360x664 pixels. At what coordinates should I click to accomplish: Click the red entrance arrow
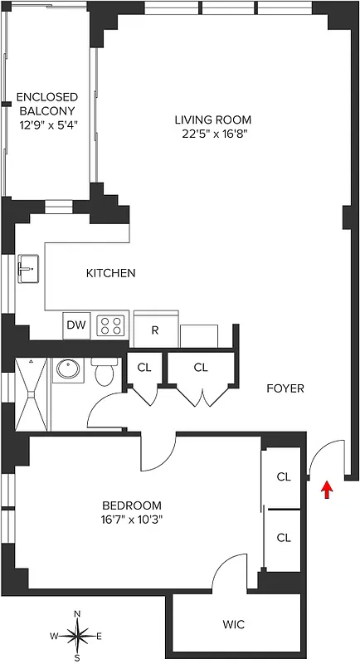click(x=327, y=489)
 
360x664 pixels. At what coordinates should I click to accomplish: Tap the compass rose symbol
click(x=77, y=637)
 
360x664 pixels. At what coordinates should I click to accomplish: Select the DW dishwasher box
click(x=76, y=326)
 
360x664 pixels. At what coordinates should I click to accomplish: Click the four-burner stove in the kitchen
click(x=112, y=325)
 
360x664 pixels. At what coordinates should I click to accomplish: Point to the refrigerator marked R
click(x=154, y=329)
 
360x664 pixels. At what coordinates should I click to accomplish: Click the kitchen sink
click(x=29, y=268)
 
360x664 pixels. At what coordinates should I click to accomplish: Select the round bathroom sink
click(x=66, y=369)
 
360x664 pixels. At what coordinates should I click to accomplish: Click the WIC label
click(x=233, y=623)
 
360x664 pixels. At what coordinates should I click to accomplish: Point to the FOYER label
click(x=285, y=388)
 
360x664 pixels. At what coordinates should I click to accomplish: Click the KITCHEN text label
click(x=110, y=273)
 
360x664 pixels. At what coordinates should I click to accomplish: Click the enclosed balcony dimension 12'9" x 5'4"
click(x=46, y=126)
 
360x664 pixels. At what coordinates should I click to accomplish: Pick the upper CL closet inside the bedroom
click(x=284, y=477)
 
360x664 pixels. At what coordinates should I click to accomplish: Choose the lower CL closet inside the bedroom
click(x=284, y=537)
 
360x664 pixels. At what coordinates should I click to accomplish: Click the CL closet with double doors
click(x=201, y=367)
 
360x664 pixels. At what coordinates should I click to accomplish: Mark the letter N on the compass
click(x=77, y=614)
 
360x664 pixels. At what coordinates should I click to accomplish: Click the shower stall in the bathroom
click(x=32, y=395)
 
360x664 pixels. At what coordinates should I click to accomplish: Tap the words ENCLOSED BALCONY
click(x=46, y=104)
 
